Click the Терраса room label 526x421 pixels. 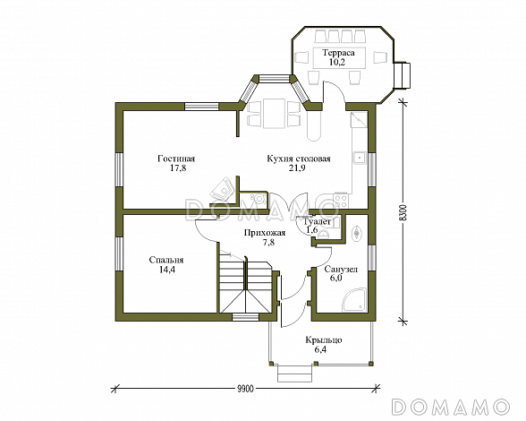pos(338,53)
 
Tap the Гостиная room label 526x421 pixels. pos(176,159)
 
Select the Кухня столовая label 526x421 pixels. pos(299,159)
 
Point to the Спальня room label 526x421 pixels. pos(166,260)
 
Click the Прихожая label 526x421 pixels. pos(265,233)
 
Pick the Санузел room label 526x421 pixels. pos(341,269)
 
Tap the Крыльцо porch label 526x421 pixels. pos(324,340)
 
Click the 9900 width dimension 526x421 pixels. pos(245,389)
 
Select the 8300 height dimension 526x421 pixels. pos(404,212)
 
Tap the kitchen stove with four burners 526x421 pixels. pos(341,201)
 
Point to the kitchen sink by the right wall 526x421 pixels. pos(360,157)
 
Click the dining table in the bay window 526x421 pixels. pos(275,113)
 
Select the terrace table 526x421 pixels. pos(338,57)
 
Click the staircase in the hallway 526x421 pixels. pos(245,285)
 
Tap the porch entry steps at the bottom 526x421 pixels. pos(295,374)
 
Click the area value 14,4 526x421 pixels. pos(167,270)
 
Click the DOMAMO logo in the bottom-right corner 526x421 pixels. pos(450,407)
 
